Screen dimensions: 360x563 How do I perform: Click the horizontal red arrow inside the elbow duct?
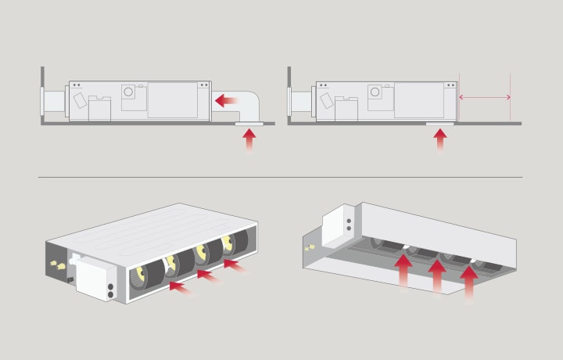pyautogui.click(x=227, y=100)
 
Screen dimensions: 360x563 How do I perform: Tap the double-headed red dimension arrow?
pyautogui.click(x=485, y=98)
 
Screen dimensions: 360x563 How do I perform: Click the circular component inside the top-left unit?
pyautogui.click(x=128, y=92)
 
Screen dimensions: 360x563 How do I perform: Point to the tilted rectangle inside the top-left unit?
pyautogui.click(x=81, y=101)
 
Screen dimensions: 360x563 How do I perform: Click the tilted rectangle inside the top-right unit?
pyautogui.click(x=324, y=101)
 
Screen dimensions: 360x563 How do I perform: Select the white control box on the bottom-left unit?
pyautogui.click(x=97, y=278)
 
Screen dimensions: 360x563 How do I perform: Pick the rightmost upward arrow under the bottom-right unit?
pyautogui.click(x=469, y=283)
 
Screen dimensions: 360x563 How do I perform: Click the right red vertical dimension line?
pyautogui.click(x=510, y=98)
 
